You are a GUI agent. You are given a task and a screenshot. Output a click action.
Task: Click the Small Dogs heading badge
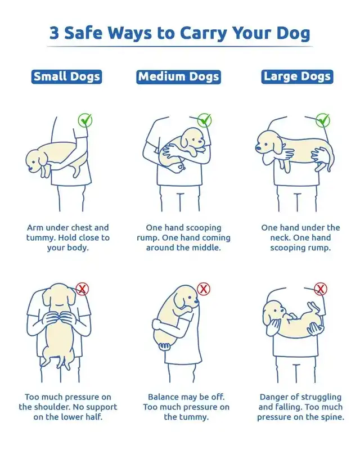click(66, 76)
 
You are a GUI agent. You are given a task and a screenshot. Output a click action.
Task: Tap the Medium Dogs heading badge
click(178, 77)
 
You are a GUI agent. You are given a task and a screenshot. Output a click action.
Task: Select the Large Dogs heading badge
click(297, 76)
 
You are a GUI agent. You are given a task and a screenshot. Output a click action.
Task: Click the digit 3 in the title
click(54, 33)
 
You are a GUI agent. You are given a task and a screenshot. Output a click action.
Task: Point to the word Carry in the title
click(204, 34)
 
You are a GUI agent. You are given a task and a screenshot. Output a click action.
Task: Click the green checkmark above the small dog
click(85, 120)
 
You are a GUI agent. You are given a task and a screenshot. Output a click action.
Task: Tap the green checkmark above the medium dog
click(204, 120)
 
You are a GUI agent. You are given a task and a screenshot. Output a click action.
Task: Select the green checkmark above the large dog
click(323, 120)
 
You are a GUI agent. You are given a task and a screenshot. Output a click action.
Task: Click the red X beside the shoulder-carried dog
click(82, 289)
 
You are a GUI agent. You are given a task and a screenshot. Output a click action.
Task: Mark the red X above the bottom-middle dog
click(204, 289)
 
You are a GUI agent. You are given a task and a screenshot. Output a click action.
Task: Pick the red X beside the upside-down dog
click(321, 289)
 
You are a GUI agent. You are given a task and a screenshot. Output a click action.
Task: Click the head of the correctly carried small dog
click(35, 161)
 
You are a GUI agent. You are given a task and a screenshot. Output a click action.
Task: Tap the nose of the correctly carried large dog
click(259, 148)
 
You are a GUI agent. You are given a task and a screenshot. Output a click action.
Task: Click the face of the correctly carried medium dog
click(193, 139)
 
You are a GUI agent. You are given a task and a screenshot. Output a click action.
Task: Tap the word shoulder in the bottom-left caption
click(52, 407)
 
